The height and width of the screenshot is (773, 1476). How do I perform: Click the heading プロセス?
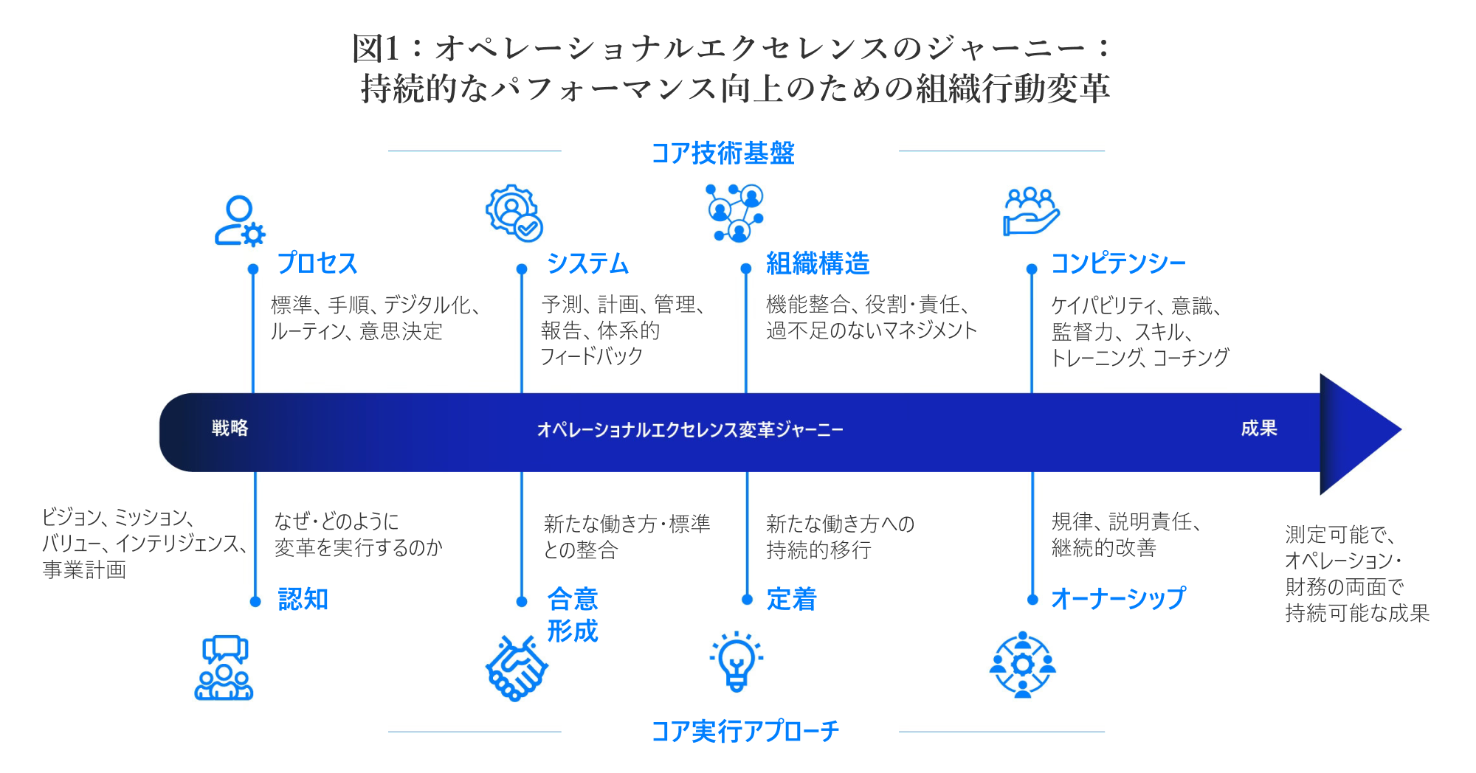tap(317, 263)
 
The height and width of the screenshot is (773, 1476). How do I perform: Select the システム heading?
tap(587, 263)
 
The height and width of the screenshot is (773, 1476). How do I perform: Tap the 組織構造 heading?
tap(818, 263)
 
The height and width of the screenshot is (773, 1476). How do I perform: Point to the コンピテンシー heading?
tap(1118, 263)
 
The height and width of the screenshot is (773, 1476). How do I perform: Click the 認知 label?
tap(303, 599)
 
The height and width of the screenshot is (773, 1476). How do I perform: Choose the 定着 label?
tap(792, 599)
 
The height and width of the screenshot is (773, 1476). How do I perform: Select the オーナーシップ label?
tap(1118, 598)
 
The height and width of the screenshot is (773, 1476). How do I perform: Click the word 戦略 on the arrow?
tap(230, 428)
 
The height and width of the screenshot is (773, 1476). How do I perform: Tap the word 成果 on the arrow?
tap(1259, 428)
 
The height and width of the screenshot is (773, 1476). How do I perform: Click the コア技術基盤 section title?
tap(723, 153)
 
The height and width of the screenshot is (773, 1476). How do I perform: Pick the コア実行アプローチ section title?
tap(745, 731)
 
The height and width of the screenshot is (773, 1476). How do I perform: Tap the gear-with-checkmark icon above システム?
tap(514, 213)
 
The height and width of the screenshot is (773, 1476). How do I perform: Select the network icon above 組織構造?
tap(735, 213)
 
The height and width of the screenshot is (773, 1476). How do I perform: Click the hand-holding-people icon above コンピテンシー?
tap(1032, 212)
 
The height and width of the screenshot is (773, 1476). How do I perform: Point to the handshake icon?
tap(517, 668)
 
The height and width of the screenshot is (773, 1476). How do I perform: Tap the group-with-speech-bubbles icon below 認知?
tap(224, 668)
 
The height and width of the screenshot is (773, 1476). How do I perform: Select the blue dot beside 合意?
tap(522, 601)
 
